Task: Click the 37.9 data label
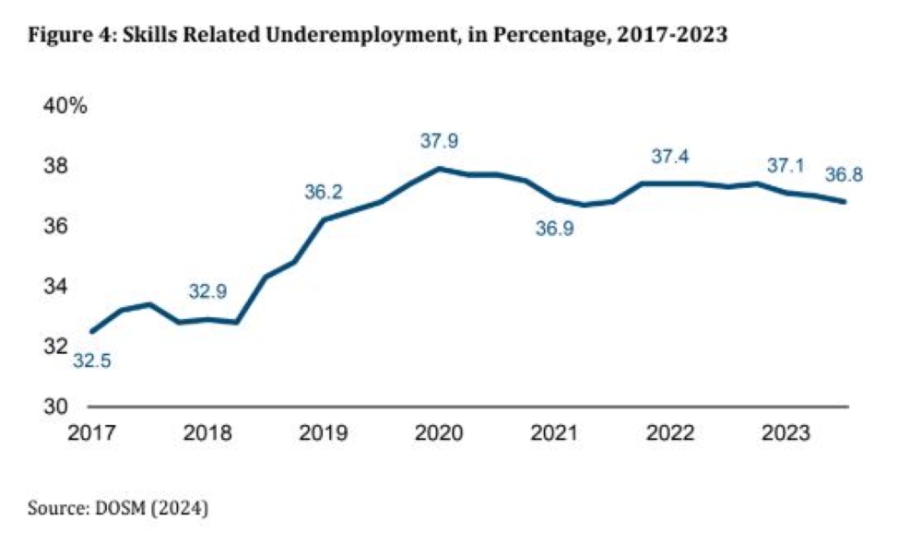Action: tap(438, 141)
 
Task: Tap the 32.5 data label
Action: tap(91, 361)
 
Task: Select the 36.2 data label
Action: tap(324, 193)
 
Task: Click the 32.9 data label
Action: tap(207, 292)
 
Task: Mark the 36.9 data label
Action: tap(555, 230)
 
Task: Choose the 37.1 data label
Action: tap(786, 166)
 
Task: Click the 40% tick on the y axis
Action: tap(65, 106)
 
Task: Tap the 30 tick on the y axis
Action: tap(56, 407)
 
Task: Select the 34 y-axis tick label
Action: tap(56, 287)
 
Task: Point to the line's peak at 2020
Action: tap(440, 168)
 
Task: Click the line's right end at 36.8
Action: tap(845, 202)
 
